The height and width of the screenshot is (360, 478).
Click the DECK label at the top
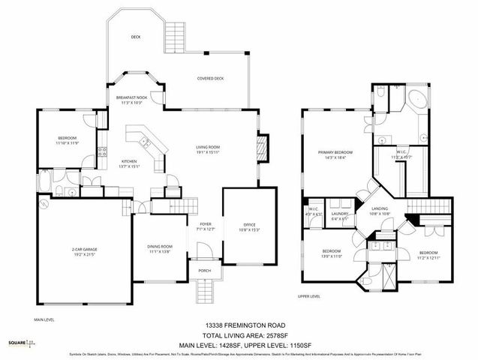point(136,37)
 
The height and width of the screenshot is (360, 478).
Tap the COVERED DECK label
point(210,78)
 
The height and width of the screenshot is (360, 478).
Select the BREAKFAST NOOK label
point(131,98)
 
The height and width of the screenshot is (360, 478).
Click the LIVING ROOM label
point(207,148)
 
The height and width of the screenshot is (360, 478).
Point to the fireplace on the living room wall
point(261,146)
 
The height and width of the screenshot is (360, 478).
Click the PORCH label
point(204,271)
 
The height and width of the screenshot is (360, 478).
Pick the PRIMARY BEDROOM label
point(329,151)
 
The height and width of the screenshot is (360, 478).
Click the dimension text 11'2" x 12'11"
point(428,256)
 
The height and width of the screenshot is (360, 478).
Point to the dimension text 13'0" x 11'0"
point(332,256)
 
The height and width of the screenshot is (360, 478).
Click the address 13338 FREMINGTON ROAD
point(239,325)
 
